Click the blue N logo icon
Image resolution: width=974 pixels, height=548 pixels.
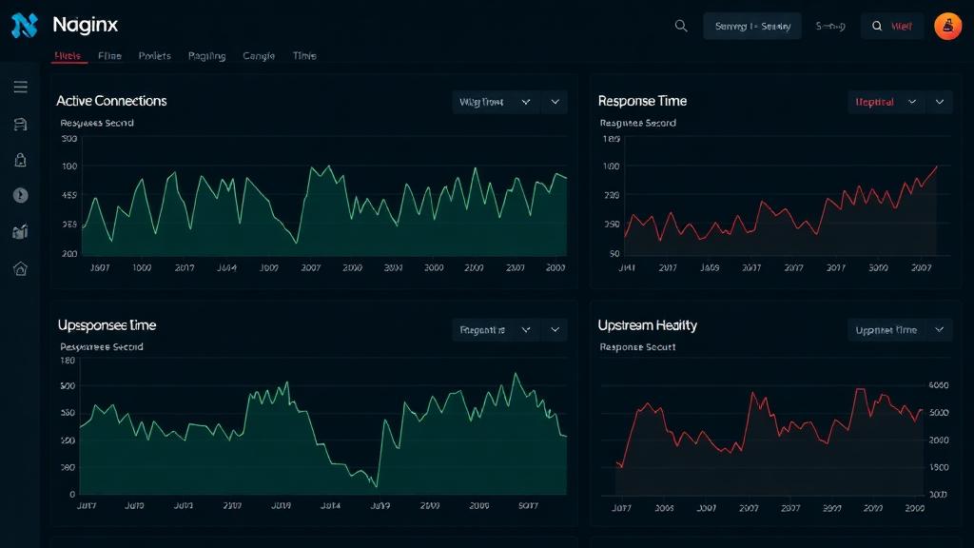coord(24,26)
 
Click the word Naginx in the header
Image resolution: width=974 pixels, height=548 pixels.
coord(86,26)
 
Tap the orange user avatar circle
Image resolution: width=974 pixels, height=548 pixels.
coord(947,27)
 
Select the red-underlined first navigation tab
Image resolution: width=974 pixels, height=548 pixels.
coord(68,56)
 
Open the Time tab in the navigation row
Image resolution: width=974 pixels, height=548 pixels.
coord(304,56)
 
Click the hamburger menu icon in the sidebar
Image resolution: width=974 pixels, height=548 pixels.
coord(20,88)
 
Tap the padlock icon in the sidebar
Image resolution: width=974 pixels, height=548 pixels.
coord(20,160)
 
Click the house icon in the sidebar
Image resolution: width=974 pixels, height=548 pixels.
coord(20,268)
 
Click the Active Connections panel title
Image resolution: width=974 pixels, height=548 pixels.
coord(111,101)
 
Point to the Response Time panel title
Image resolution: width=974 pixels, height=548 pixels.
coord(642,101)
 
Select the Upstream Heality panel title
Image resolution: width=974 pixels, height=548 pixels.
coord(647,325)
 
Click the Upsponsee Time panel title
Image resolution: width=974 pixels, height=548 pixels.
coord(107,325)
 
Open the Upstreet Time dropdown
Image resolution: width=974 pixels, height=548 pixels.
coord(899,330)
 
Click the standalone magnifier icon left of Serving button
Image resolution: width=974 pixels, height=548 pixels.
coord(681,27)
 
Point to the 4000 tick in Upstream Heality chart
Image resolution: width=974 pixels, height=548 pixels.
coord(938,385)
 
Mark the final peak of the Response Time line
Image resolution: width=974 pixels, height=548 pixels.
coord(936,166)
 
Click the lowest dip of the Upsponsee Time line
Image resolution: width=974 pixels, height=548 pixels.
coord(377,487)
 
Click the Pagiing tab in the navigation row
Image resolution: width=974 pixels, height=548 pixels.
coord(206,56)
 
